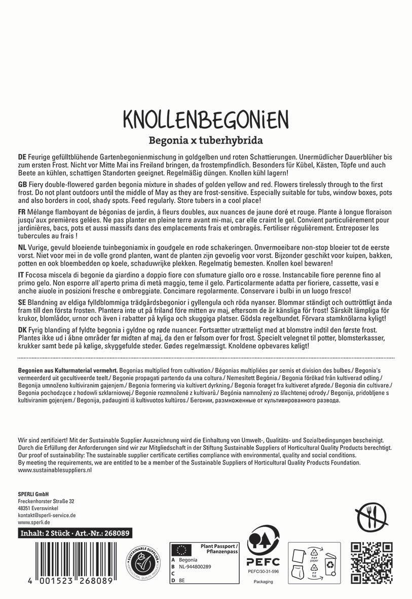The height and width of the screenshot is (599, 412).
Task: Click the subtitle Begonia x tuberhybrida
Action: tap(206, 139)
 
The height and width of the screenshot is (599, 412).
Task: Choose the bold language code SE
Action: tap(22, 301)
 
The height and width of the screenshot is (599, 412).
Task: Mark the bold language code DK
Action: tap(22, 329)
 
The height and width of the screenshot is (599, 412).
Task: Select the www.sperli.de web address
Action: tap(33, 522)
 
